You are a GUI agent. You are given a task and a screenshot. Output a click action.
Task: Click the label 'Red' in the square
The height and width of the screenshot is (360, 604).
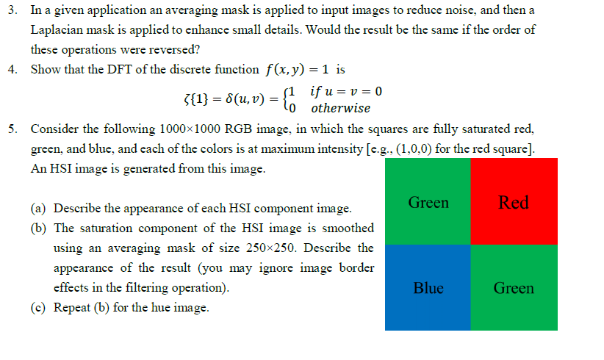(x=514, y=202)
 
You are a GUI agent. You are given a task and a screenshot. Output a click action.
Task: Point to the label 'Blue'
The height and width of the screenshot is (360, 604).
(x=428, y=288)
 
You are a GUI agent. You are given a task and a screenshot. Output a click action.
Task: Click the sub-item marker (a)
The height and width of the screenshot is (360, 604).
(x=39, y=209)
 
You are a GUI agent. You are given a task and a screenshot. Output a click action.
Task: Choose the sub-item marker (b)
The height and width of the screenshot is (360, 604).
(x=39, y=228)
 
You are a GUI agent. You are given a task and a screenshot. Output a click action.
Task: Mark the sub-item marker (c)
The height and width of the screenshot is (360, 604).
(x=39, y=308)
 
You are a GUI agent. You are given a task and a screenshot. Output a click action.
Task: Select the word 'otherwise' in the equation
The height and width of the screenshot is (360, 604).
(x=340, y=108)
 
